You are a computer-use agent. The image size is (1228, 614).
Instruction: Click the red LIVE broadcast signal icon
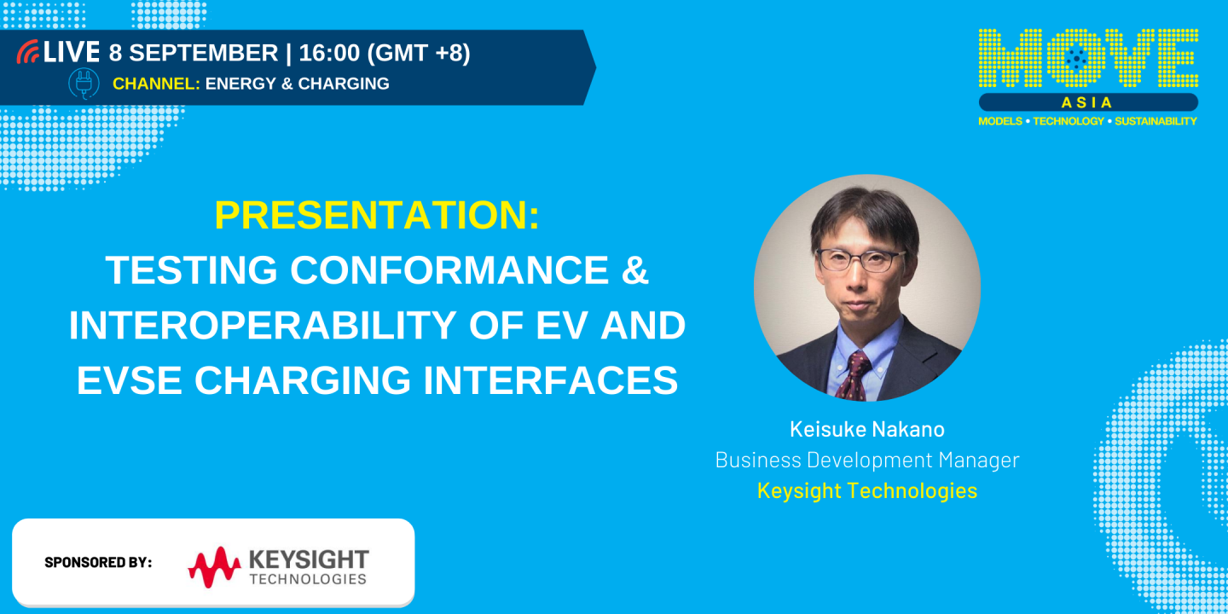click(x=28, y=52)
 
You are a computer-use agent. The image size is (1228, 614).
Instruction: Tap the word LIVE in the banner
click(x=72, y=52)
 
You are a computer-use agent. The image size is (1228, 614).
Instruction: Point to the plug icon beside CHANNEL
click(x=84, y=84)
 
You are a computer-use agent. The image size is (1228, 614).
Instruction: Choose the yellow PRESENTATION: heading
click(x=377, y=216)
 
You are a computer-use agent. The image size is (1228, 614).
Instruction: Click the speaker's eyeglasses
click(x=861, y=259)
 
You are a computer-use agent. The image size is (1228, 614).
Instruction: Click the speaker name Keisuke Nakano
click(x=866, y=429)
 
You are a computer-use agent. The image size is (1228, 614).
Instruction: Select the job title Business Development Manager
click(x=866, y=460)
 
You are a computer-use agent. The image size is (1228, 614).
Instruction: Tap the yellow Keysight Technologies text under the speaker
click(x=866, y=490)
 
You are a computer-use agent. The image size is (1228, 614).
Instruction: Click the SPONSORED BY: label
click(x=98, y=562)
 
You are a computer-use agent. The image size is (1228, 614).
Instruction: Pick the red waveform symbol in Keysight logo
click(x=214, y=566)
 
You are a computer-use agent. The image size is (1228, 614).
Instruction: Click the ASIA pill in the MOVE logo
click(x=1087, y=102)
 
